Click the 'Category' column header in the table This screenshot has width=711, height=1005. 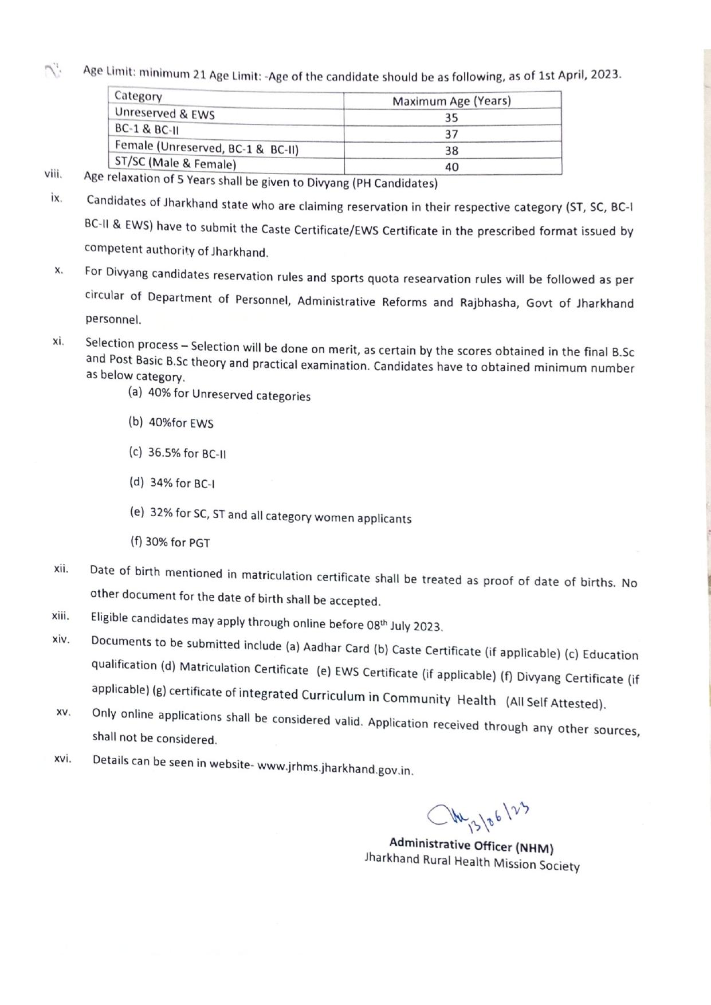(138, 96)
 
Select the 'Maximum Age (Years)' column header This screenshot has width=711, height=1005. (451, 101)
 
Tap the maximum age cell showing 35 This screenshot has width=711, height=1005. (451, 117)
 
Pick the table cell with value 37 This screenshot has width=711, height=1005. (451, 134)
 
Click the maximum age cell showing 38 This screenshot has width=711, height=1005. (451, 151)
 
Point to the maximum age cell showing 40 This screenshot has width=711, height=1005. (451, 167)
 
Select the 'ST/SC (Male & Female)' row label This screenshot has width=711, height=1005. (175, 163)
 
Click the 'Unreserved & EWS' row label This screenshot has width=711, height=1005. (164, 114)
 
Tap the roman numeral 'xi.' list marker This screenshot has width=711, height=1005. (58, 341)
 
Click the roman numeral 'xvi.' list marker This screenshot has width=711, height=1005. (62, 759)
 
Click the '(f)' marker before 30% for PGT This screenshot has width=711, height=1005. (136, 541)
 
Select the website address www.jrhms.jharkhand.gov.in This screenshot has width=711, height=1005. (335, 768)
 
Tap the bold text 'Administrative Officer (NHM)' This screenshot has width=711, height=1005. (471, 845)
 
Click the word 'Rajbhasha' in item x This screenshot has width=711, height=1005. (487, 303)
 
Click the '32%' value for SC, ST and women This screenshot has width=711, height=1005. (162, 512)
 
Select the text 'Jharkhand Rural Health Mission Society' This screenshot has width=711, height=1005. (472, 862)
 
